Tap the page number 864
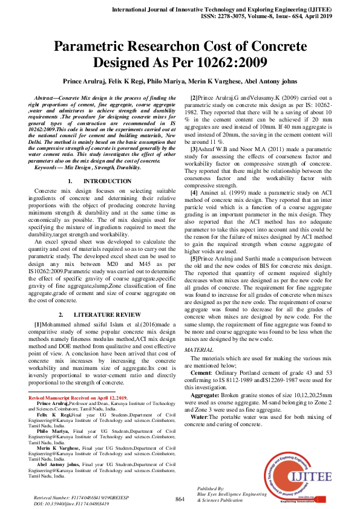coord(180,499)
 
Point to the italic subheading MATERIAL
coord(198,350)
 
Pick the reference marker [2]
coord(194,97)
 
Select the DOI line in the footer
coord(67,503)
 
